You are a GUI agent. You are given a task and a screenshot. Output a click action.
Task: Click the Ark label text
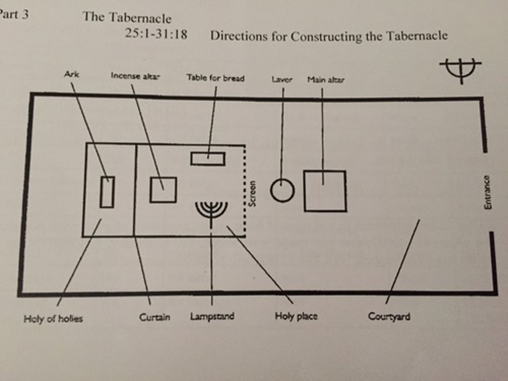click(x=72, y=74)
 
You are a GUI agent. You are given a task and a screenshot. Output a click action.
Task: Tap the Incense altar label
click(x=135, y=76)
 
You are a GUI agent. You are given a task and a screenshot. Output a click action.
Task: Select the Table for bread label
click(x=216, y=78)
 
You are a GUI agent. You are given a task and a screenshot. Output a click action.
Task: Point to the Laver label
click(x=282, y=79)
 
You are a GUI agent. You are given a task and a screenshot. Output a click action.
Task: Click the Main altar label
click(x=326, y=80)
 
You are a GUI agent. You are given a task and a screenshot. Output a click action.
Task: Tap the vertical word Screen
click(x=252, y=194)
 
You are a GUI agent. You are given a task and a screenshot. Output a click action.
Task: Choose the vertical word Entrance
click(x=487, y=192)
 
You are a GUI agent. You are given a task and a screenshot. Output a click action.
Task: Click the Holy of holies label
click(x=53, y=319)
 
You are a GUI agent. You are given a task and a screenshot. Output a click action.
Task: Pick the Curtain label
click(x=155, y=317)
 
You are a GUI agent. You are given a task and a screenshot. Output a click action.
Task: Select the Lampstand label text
click(x=212, y=316)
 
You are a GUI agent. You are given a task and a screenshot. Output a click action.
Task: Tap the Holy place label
click(x=296, y=316)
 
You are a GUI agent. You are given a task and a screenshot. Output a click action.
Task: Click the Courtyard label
click(x=389, y=316)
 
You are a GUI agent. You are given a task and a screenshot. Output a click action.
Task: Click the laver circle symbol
click(x=282, y=190)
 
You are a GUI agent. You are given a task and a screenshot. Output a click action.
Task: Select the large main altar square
click(x=325, y=191)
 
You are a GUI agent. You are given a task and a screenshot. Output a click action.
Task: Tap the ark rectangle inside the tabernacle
click(x=107, y=192)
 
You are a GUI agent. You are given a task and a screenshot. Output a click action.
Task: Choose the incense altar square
click(x=163, y=190)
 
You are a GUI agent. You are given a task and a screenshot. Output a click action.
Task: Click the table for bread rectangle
click(x=208, y=159)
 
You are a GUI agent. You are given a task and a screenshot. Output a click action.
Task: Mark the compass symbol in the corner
click(x=461, y=69)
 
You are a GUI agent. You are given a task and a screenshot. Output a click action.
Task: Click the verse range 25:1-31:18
click(x=156, y=34)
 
